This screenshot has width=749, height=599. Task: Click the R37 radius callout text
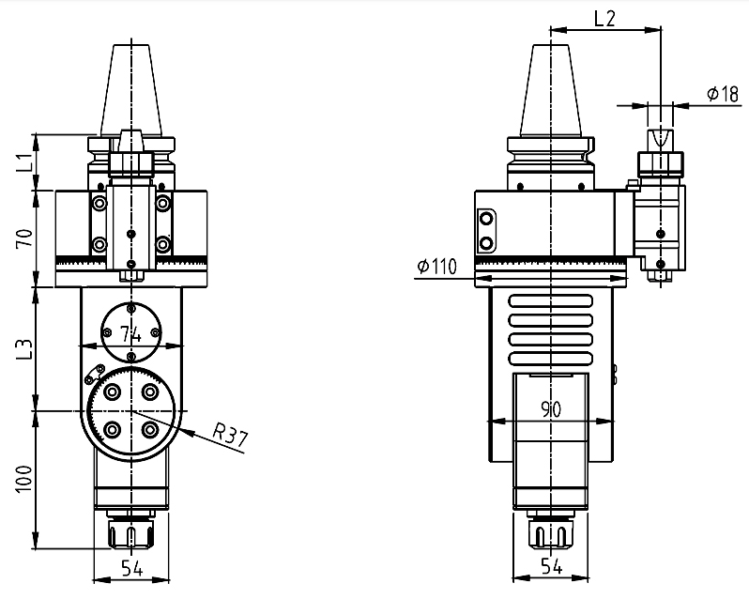[230, 438]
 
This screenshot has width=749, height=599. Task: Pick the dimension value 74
[130, 334]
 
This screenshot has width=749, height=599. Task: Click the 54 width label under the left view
[131, 568]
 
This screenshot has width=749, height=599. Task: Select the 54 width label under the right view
[552, 566]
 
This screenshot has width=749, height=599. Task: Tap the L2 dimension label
[604, 19]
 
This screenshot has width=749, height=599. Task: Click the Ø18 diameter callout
[723, 94]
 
